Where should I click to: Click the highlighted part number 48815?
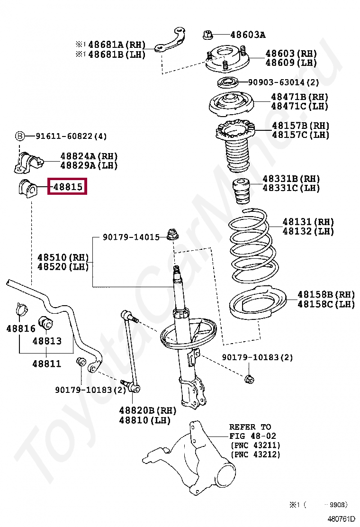[68, 188]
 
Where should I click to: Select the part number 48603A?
[247, 35]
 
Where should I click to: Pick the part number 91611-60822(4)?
[71, 136]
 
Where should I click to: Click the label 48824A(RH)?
[89, 156]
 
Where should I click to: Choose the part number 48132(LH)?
[308, 231]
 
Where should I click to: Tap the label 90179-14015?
[131, 237]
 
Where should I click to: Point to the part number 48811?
[46, 363]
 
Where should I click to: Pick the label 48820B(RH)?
[147, 410]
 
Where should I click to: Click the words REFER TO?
[250, 427]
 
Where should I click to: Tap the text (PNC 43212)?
[255, 454]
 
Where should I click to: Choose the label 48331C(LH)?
[291, 188]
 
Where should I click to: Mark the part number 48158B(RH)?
[326, 295]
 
